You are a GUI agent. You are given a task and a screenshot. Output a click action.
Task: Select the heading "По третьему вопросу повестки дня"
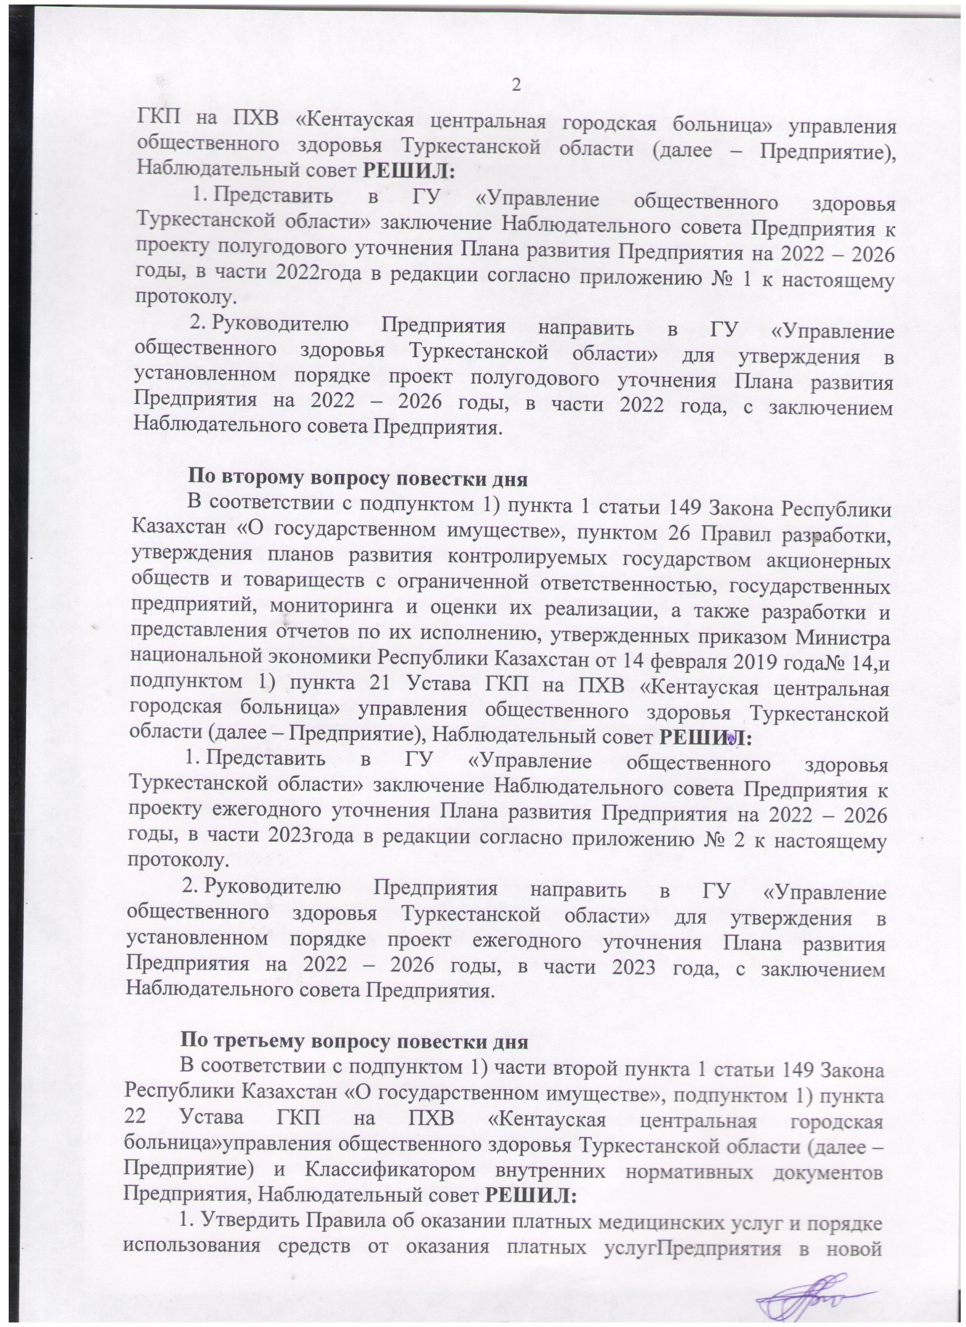pyautogui.click(x=354, y=1042)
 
